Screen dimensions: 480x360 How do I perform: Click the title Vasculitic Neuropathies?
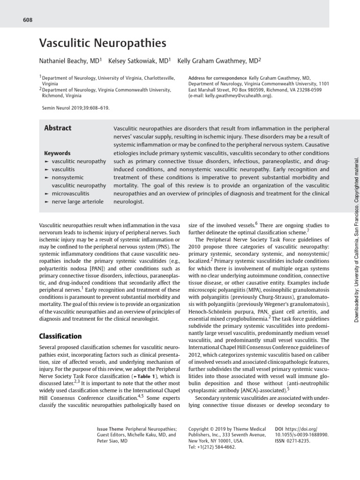(x=102, y=44)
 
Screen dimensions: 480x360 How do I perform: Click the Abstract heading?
(x=58, y=128)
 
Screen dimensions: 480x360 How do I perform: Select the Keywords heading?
(x=57, y=153)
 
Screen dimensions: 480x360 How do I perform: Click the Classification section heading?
(x=60, y=323)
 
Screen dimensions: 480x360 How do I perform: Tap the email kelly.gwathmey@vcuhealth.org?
(x=227, y=95)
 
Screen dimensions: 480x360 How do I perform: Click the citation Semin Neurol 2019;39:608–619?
(x=75, y=108)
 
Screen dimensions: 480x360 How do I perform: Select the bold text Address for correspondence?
(x=217, y=78)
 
